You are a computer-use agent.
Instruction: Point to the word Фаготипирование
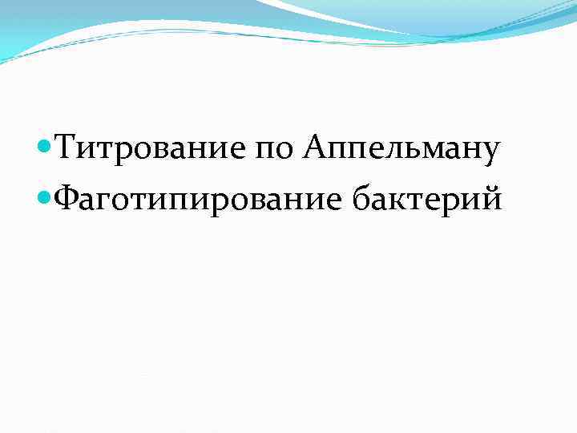[x=196, y=196]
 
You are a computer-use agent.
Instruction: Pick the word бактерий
[x=427, y=196]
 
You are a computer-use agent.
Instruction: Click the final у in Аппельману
[x=492, y=154]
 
